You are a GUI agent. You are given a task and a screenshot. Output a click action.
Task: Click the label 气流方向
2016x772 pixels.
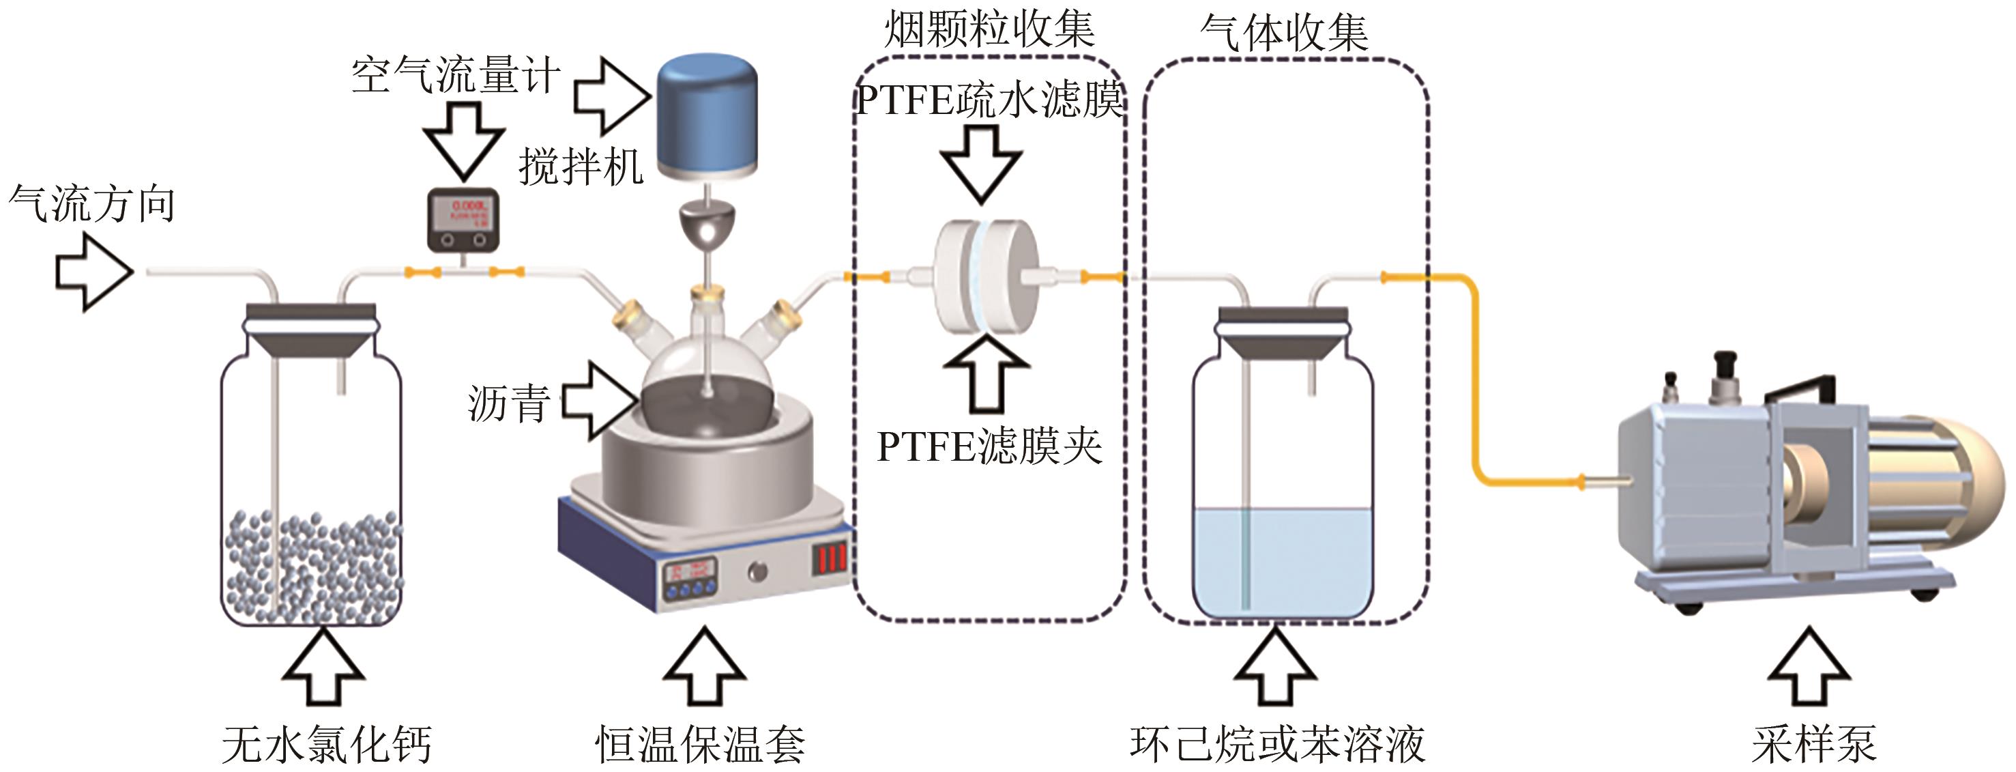click(x=91, y=204)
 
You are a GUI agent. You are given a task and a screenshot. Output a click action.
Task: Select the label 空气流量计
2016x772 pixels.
click(x=456, y=76)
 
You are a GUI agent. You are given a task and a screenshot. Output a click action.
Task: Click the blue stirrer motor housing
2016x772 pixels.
click(x=707, y=113)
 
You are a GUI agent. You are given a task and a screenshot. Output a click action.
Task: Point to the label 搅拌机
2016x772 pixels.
click(x=581, y=167)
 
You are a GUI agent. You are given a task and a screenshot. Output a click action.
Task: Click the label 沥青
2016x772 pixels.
click(x=509, y=404)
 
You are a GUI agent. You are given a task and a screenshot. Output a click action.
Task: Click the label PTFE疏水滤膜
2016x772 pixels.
click(x=989, y=100)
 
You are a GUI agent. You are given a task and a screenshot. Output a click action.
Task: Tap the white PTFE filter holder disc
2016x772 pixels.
click(x=988, y=276)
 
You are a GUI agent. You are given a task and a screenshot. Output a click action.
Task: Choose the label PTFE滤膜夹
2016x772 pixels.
click(x=989, y=447)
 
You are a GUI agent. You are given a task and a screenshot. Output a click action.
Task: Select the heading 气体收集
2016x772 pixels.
click(x=1284, y=33)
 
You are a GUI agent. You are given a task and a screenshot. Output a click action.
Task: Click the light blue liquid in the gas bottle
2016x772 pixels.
click(x=1283, y=560)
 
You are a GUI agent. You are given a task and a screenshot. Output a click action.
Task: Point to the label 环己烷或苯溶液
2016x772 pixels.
click(x=1277, y=744)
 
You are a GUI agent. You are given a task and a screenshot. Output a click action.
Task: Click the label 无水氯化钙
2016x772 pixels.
click(x=326, y=744)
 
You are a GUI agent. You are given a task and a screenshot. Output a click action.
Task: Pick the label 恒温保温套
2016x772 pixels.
click(x=701, y=744)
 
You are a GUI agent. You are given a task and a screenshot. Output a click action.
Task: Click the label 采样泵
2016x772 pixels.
click(x=1813, y=744)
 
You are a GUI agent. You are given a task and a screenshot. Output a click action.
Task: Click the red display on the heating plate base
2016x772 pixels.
click(x=830, y=559)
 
